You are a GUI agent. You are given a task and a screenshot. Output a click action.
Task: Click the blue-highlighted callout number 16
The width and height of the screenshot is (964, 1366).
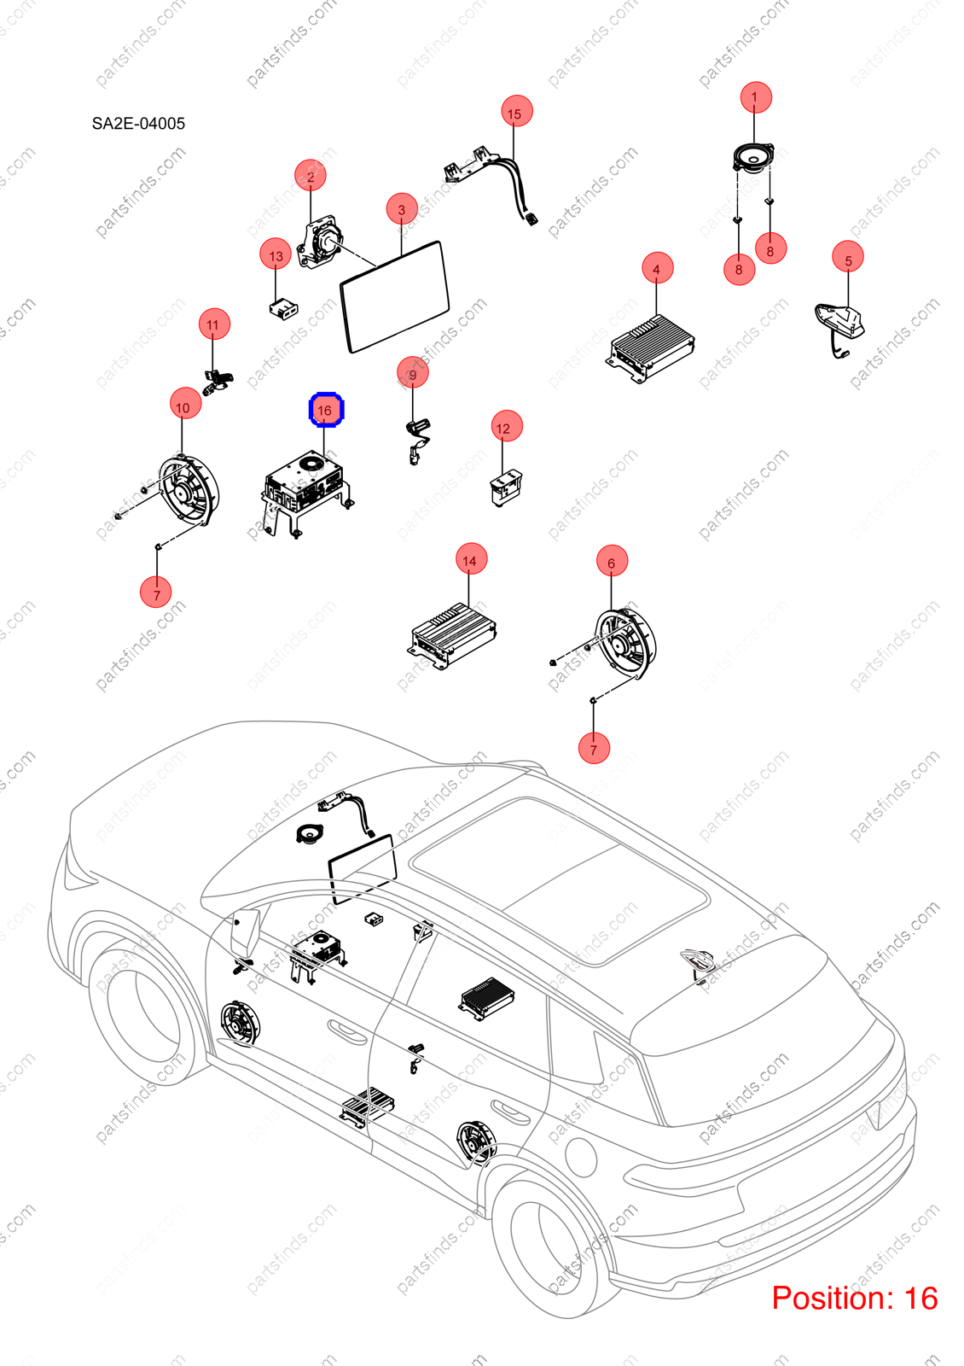click(326, 410)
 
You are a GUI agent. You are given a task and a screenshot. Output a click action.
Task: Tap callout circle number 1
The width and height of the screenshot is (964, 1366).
click(756, 97)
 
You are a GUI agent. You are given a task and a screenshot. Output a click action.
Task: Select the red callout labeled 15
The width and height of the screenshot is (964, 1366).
click(516, 111)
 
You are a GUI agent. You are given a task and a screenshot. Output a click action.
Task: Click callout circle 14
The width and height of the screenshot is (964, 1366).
click(471, 558)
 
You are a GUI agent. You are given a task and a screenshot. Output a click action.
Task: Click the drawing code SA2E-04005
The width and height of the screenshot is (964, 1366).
click(138, 124)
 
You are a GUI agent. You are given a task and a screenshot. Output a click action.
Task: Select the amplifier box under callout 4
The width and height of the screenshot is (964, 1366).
click(650, 348)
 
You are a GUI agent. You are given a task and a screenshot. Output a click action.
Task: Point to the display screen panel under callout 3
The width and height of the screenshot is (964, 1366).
click(394, 296)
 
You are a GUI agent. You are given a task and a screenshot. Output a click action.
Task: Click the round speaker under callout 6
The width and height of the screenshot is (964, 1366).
click(624, 644)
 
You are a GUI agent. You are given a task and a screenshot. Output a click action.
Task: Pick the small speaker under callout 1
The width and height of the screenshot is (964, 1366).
click(753, 159)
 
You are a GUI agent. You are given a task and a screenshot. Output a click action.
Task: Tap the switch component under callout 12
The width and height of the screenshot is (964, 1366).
click(506, 487)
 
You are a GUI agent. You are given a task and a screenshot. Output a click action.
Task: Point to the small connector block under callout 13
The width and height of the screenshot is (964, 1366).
click(282, 308)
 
